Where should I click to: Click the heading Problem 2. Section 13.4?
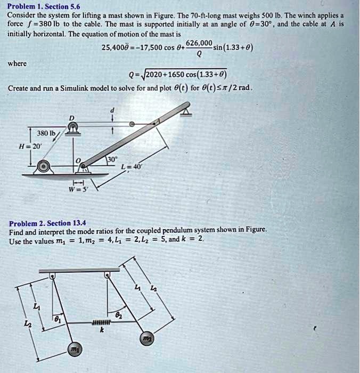[x=47, y=223]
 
